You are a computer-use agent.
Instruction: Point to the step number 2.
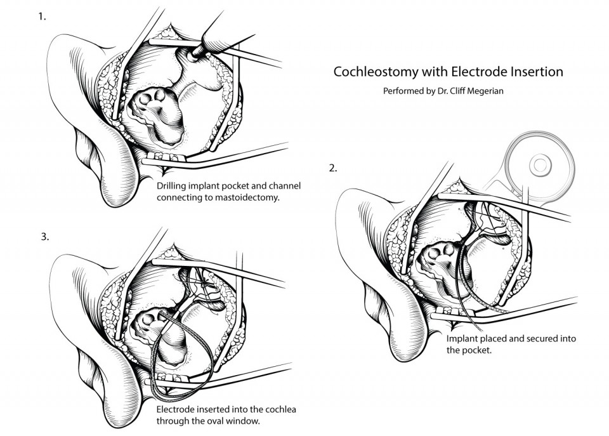pyautogui.click(x=333, y=168)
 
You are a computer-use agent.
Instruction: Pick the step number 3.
pyautogui.click(x=44, y=236)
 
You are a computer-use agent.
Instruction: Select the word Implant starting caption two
pyautogui.click(x=462, y=339)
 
